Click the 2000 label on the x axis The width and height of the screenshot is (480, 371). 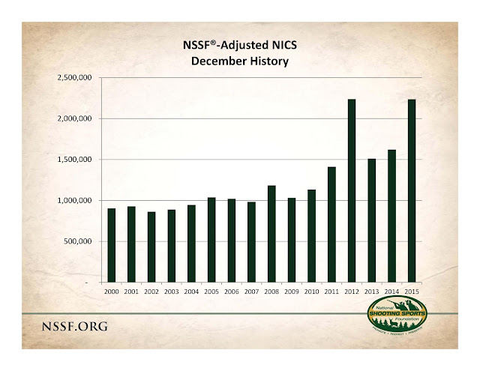click(x=111, y=291)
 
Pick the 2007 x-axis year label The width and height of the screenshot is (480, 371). click(x=251, y=291)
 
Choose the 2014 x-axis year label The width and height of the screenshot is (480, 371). click(x=391, y=291)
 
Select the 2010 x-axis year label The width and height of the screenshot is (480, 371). click(x=311, y=291)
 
